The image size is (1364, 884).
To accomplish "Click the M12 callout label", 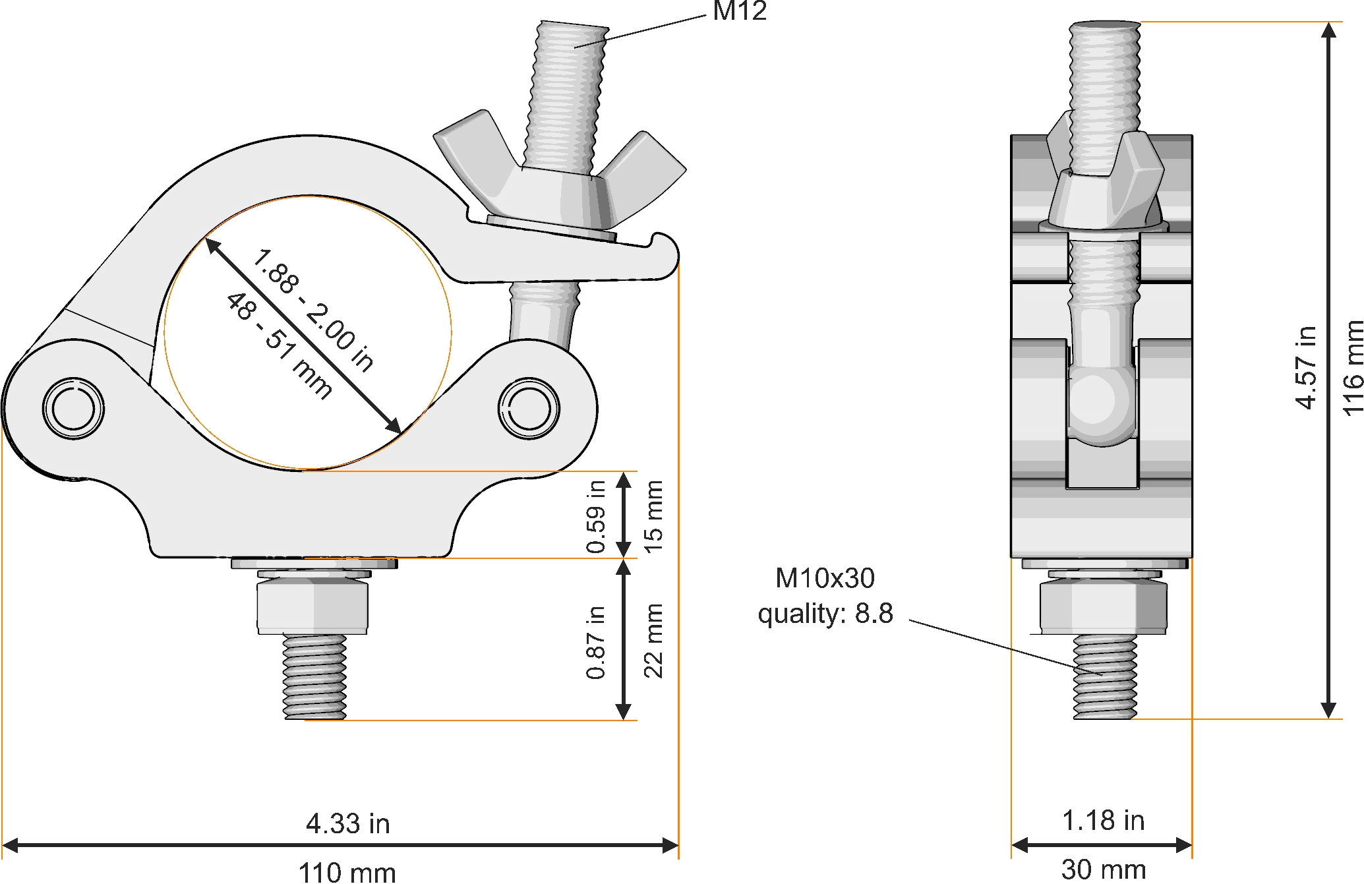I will click(x=739, y=11).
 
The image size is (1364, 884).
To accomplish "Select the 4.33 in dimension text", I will click(x=347, y=823).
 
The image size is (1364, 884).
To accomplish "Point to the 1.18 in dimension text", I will click(x=1103, y=821).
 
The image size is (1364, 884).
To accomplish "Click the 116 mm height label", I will click(x=1351, y=368).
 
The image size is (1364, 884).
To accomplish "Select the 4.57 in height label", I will click(x=1306, y=368).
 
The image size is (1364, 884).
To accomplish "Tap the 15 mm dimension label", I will click(x=653, y=516).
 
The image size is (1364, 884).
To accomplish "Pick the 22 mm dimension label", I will click(x=653, y=640).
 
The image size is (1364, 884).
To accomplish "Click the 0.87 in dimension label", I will click(x=595, y=642).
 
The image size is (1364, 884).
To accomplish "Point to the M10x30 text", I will click(x=825, y=578).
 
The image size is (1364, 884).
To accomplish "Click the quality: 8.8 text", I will click(x=825, y=614).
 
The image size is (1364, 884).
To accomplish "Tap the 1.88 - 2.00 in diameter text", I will click(x=313, y=310).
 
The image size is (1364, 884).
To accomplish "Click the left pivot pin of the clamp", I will click(x=73, y=408).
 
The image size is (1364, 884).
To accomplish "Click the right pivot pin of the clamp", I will click(x=529, y=408).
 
